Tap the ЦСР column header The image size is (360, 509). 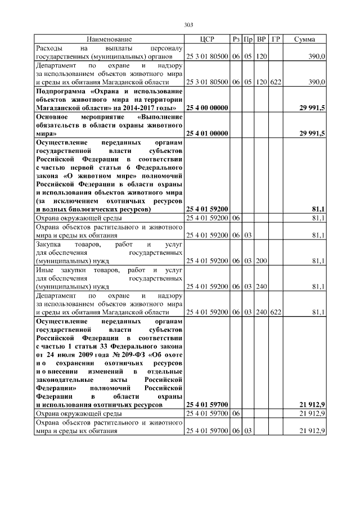pos(206,39)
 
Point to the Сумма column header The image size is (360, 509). pos(304,39)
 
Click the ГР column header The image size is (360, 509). pos(276,39)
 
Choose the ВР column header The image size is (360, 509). pos(261,39)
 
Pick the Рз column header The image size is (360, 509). pos(236,39)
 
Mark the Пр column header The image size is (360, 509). pos(248,39)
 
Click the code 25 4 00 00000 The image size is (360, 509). pos(206,107)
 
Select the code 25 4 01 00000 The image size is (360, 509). pos(206,133)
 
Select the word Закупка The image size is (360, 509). pos(48,245)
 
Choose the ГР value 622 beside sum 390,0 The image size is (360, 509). pos(276,82)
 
